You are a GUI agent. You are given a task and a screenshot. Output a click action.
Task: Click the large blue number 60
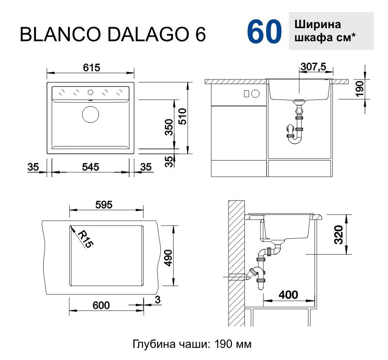264,32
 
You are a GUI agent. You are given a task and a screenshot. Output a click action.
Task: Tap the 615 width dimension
91,68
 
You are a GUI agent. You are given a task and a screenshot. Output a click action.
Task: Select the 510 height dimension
182,116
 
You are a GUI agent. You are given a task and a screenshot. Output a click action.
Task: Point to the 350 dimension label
169,128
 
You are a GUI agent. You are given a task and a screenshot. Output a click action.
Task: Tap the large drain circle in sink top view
90,115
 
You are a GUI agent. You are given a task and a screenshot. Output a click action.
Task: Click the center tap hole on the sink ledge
91,92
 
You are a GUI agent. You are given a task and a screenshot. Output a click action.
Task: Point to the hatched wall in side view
236,262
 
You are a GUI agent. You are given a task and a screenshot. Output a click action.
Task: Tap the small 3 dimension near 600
157,300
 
